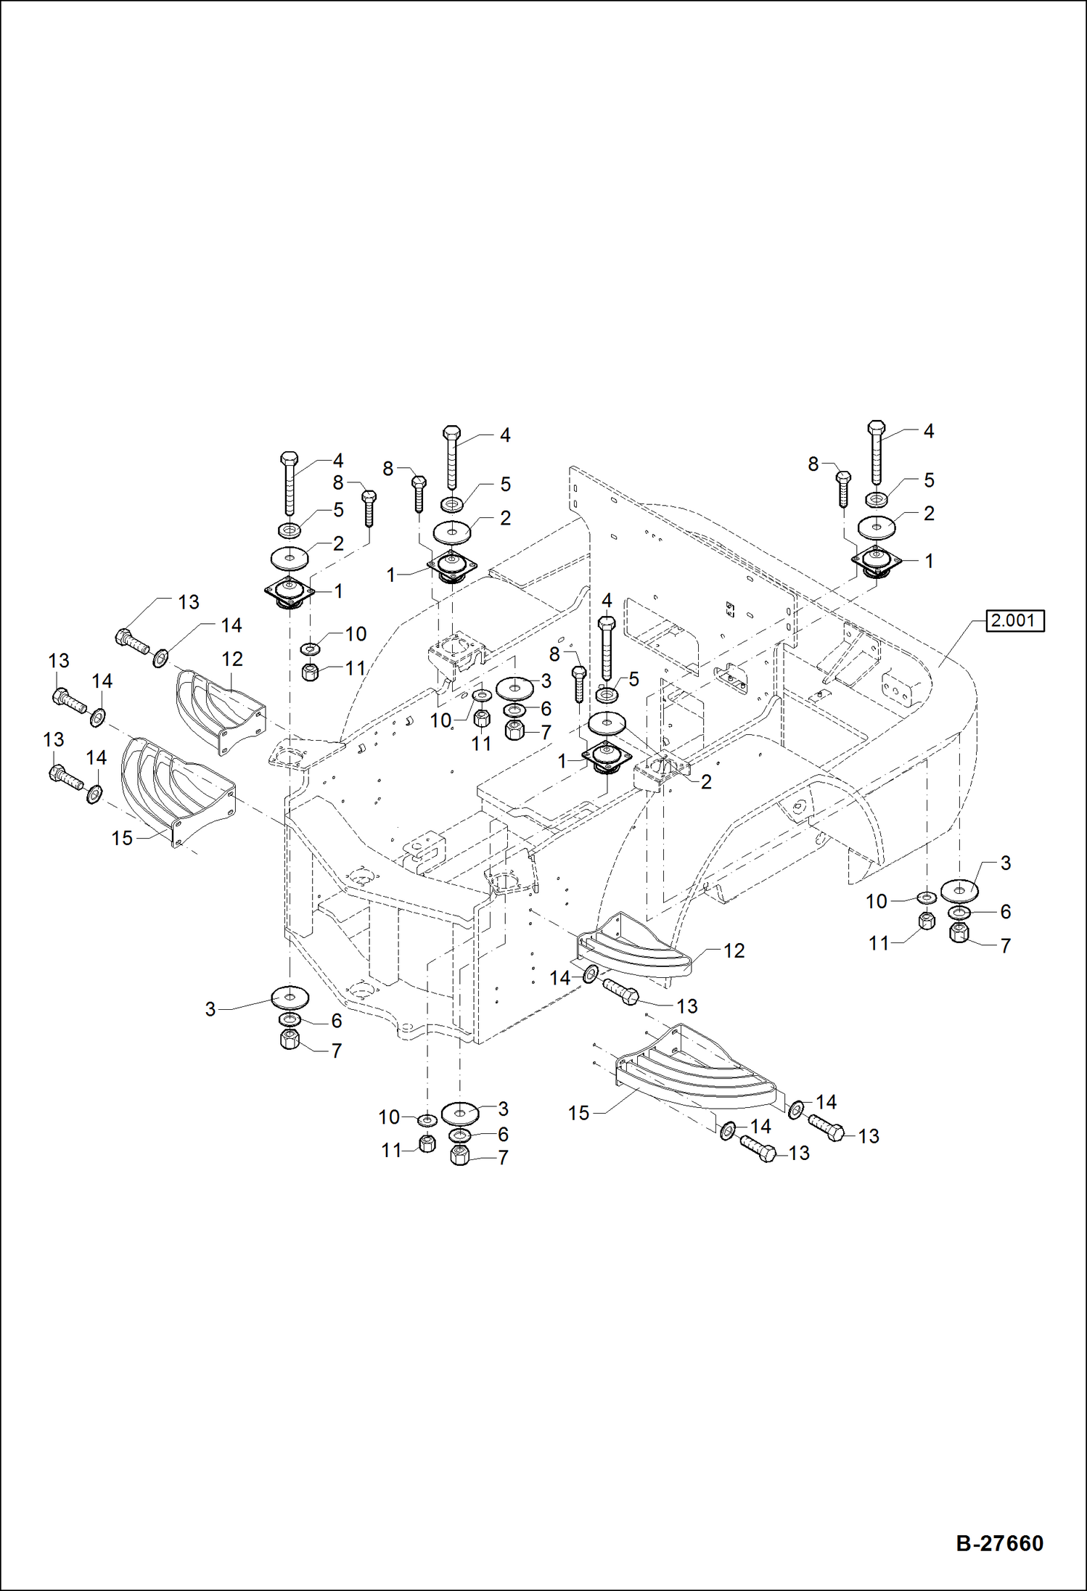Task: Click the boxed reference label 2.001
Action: click(1014, 621)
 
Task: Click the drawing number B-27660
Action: click(999, 1543)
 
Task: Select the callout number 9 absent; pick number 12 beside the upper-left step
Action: click(231, 659)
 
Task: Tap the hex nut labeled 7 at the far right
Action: click(959, 933)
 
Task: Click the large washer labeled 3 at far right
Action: click(959, 889)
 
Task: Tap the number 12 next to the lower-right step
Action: click(734, 950)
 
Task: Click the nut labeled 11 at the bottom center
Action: click(428, 1144)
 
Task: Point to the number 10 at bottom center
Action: click(389, 1117)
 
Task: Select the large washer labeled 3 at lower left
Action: click(290, 997)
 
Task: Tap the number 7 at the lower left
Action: click(336, 1051)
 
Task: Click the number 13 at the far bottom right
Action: click(868, 1136)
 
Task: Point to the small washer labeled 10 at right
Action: click(926, 898)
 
